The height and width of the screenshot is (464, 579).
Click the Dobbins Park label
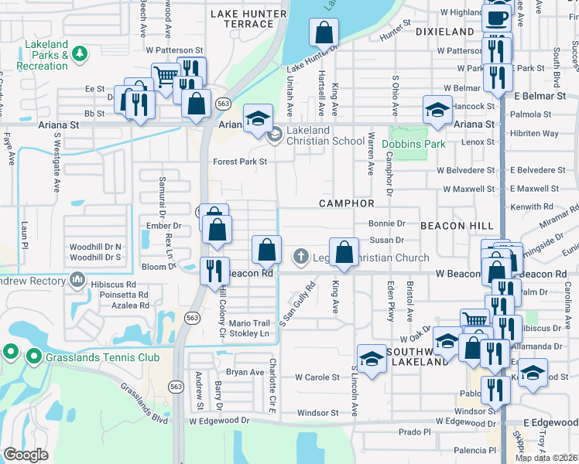click(x=418, y=144)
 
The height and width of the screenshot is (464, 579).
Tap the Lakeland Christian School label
click(x=325, y=135)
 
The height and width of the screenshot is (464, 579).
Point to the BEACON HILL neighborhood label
click(x=457, y=225)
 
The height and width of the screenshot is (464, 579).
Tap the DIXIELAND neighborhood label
click(x=444, y=31)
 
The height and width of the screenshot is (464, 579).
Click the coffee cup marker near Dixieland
click(x=498, y=18)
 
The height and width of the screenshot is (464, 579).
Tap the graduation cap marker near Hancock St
click(x=437, y=109)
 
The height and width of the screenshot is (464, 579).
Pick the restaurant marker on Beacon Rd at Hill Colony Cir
click(x=214, y=270)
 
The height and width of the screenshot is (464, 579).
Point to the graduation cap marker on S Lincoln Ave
click(x=372, y=358)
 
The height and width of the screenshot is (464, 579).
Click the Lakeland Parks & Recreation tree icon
click(x=79, y=53)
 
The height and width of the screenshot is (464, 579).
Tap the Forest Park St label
click(x=240, y=162)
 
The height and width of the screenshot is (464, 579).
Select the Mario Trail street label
click(x=249, y=323)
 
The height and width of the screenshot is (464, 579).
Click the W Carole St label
click(x=317, y=377)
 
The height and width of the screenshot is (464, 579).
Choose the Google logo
click(x=26, y=454)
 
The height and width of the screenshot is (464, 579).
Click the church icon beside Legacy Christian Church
click(x=301, y=257)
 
